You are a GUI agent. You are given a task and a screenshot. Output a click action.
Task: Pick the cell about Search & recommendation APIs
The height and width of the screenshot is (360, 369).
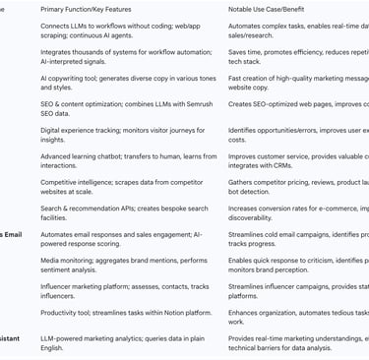click(124, 213)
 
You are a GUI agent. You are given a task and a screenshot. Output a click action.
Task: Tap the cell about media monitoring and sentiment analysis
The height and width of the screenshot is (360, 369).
click(124, 265)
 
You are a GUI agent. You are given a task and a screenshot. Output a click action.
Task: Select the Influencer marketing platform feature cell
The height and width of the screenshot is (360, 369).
click(124, 290)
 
